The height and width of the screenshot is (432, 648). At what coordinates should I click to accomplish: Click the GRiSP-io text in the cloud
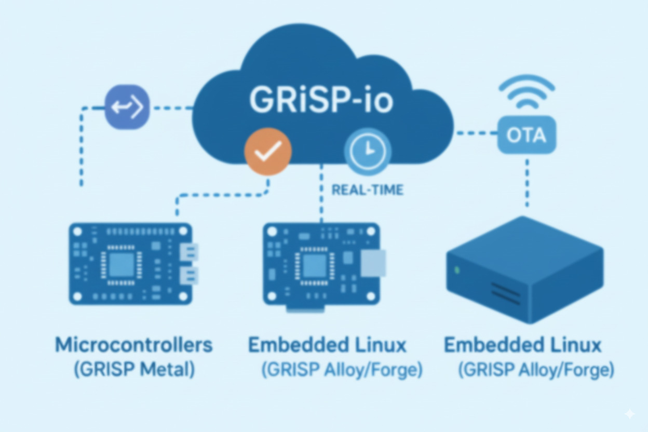321,100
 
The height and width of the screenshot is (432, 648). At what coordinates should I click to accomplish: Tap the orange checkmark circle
267,151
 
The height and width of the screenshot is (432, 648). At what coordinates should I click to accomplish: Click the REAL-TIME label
368,190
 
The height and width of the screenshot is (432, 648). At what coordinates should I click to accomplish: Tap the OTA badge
526,135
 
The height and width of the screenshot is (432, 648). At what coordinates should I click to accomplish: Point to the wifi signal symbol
526,92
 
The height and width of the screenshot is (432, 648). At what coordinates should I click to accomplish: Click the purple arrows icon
127,107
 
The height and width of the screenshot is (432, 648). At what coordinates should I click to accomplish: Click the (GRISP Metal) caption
134,370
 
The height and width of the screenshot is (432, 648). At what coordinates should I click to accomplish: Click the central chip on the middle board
314,265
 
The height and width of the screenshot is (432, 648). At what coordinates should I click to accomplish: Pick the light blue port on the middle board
373,263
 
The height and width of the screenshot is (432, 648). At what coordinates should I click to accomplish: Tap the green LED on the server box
457,270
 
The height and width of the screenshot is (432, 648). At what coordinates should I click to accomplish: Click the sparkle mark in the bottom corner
629,414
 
